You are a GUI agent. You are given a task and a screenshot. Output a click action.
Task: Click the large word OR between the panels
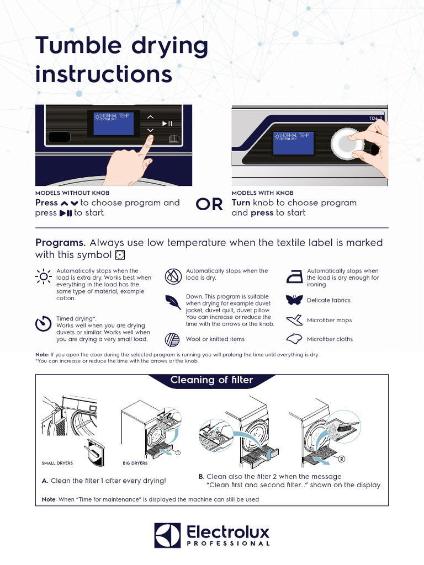tap(210, 205)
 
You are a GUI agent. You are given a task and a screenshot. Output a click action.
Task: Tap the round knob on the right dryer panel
tap(347, 142)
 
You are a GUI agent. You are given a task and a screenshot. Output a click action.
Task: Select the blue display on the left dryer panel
tap(114, 124)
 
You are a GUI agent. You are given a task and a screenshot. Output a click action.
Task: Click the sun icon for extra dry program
tap(43, 276)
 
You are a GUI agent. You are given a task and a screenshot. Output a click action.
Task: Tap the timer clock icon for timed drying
tap(43, 324)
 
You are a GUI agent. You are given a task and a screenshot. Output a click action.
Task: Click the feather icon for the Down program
tap(172, 302)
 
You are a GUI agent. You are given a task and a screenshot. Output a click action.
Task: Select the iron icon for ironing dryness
tap(295, 276)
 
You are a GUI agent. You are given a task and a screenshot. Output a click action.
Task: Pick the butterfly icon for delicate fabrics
tap(295, 300)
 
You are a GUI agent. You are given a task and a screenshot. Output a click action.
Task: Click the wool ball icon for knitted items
tap(172, 339)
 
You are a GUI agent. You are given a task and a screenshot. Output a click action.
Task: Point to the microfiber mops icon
tap(295, 320)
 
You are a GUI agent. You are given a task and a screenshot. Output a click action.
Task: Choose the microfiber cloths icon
tap(295, 339)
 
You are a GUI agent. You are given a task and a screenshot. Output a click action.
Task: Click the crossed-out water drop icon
tap(172, 275)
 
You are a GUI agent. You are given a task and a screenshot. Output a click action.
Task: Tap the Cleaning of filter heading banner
tap(212, 380)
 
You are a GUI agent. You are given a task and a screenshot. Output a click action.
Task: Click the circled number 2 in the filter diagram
tap(342, 459)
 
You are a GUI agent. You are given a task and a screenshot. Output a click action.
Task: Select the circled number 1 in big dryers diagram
tap(178, 452)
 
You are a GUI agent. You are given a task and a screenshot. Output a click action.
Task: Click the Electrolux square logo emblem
tap(167, 536)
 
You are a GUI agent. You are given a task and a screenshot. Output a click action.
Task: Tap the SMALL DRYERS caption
tap(57, 463)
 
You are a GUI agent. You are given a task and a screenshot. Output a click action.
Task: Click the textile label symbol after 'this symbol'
tap(120, 255)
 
